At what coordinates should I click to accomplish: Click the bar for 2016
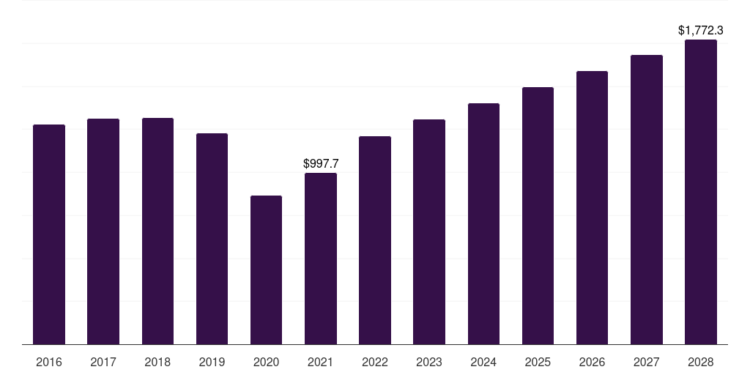click(x=49, y=234)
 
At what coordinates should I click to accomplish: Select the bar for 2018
click(x=157, y=231)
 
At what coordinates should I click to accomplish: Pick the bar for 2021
click(x=321, y=259)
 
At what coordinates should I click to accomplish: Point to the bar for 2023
click(x=429, y=231)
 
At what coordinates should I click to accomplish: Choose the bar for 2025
click(x=538, y=215)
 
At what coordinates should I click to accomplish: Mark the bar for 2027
click(x=647, y=199)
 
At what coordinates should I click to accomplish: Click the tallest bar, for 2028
click(x=701, y=192)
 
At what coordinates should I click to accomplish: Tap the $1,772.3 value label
click(x=701, y=31)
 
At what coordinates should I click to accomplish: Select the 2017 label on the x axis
click(x=103, y=362)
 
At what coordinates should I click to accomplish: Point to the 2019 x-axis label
click(x=212, y=362)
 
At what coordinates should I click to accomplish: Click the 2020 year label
click(x=266, y=362)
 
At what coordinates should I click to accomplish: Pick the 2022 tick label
click(x=375, y=362)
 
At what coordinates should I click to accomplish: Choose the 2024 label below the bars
click(x=483, y=362)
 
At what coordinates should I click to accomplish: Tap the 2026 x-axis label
click(x=592, y=362)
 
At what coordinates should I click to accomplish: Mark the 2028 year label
click(x=701, y=362)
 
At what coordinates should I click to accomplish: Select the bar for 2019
click(x=212, y=239)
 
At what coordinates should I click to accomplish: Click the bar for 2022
click(x=375, y=240)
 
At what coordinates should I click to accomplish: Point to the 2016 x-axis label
click(x=49, y=362)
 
